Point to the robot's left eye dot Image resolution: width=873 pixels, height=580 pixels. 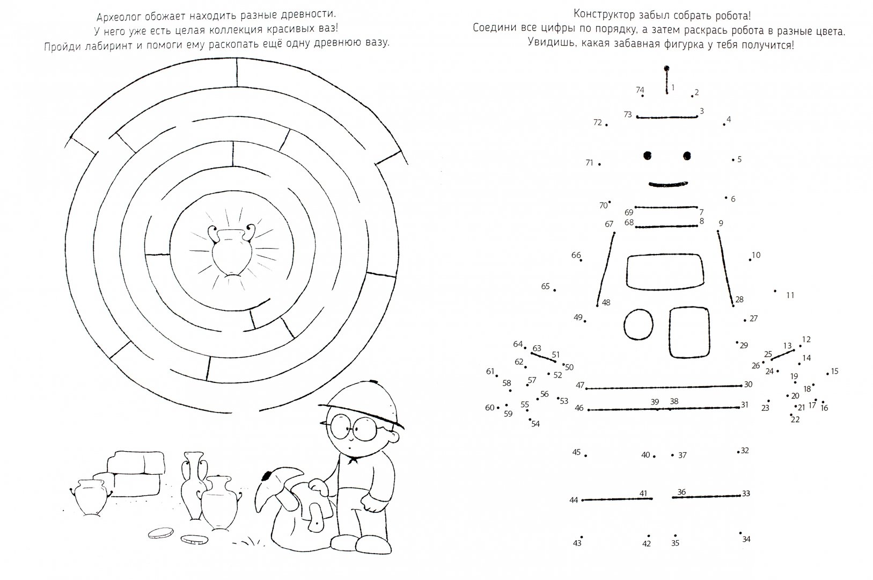coord(647,156)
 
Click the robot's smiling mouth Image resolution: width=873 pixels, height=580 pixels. coord(668,184)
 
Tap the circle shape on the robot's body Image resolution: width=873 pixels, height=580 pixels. coord(639,324)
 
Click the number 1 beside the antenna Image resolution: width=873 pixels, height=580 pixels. coord(673,88)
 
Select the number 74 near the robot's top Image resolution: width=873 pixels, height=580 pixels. coord(640,90)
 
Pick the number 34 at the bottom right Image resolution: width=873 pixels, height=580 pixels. coord(746,539)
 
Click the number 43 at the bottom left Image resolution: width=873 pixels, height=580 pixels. coord(577,543)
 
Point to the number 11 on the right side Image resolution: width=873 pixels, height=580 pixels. coord(790,295)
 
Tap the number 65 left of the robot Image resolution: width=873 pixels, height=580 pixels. coord(545,286)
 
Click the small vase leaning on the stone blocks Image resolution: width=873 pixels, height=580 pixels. coord(91,498)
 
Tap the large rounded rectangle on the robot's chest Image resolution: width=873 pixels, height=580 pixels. coord(665,272)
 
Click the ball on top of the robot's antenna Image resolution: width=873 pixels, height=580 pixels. coord(666,69)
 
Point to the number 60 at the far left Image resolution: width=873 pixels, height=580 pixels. coord(489,408)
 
